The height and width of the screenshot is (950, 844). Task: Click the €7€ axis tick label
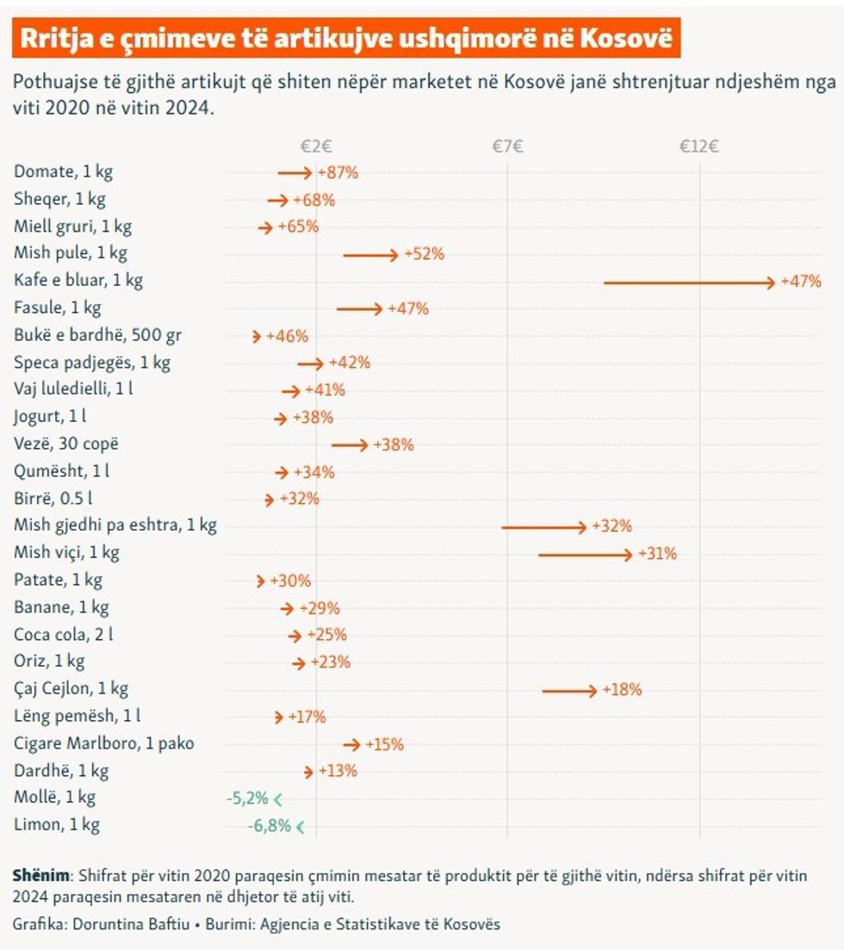508,146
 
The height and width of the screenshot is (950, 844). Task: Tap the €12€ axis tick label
698,146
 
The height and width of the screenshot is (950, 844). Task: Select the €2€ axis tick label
316,146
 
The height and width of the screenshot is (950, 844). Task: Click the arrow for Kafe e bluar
689,282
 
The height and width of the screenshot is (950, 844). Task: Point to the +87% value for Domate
338,172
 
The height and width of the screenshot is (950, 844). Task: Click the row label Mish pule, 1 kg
71,253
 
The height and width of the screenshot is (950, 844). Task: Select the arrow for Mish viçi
586,554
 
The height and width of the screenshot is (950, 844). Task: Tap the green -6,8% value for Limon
270,826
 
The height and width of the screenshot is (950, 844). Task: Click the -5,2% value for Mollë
247,798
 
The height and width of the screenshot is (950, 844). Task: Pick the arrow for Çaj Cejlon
569,690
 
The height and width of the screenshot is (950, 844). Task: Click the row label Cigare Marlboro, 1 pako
104,742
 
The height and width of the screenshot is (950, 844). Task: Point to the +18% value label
622,690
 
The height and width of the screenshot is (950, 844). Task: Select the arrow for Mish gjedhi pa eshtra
544,526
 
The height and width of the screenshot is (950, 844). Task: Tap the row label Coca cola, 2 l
64,635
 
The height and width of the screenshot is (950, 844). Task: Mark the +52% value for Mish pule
424,254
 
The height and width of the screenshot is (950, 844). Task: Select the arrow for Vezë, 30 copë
350,445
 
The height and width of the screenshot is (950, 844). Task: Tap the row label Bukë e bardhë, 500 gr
98,335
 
